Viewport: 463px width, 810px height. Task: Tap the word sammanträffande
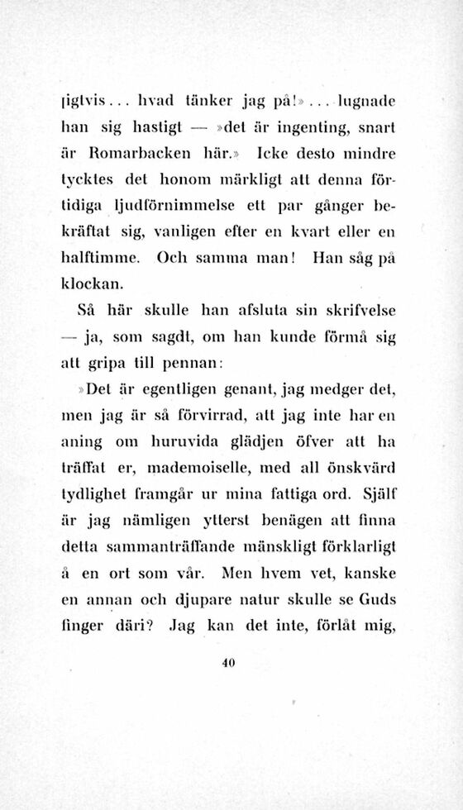[160, 547]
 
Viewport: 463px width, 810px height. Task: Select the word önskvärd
[362, 470]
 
